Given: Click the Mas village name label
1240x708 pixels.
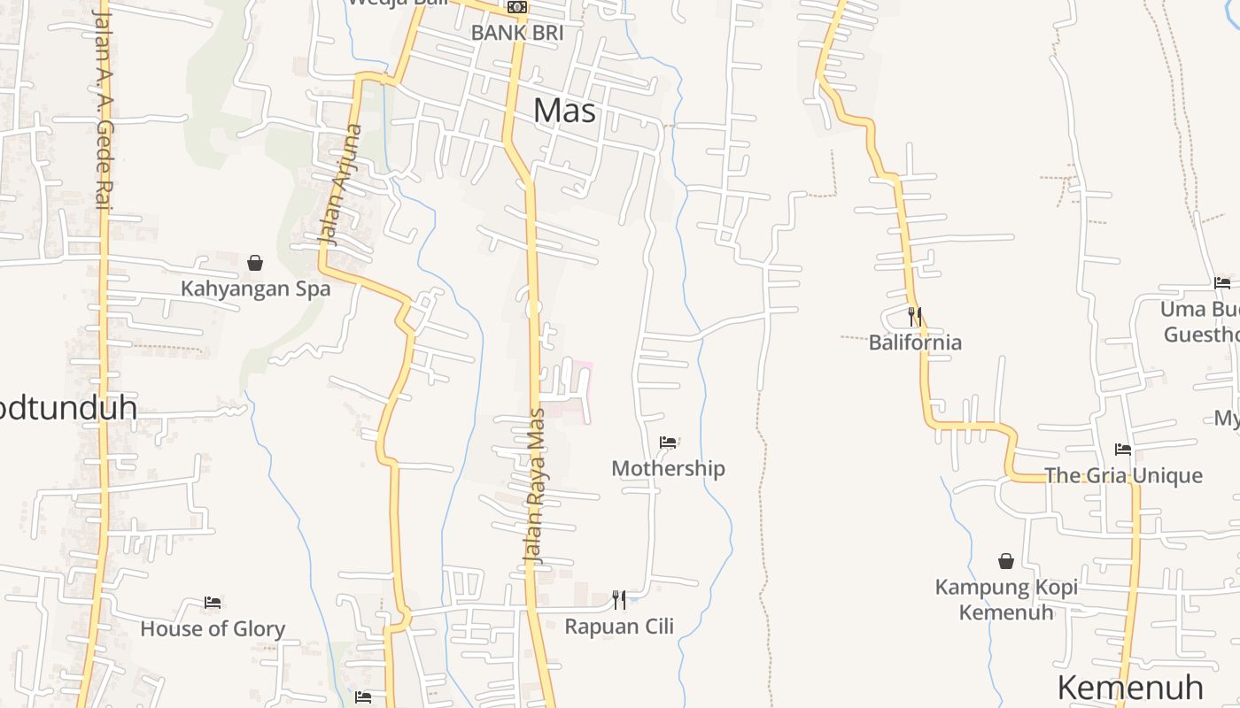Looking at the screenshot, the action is tap(564, 111).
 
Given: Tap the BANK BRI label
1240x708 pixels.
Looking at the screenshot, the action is tap(517, 33).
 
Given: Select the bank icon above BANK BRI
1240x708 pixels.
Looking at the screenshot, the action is tap(517, 7).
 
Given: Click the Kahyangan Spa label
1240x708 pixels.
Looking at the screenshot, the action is tap(255, 289).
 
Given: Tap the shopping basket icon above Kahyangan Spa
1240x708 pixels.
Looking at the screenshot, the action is tap(255, 263).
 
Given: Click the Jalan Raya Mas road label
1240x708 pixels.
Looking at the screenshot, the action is tap(534, 486).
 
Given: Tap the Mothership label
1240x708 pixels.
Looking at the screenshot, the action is tap(668, 468).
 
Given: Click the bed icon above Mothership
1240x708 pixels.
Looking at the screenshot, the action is tap(668, 442).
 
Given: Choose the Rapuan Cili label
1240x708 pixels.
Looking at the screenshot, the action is tap(619, 627).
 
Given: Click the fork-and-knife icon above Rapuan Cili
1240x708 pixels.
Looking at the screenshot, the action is tap(619, 600).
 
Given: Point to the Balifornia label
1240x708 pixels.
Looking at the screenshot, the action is tap(915, 342).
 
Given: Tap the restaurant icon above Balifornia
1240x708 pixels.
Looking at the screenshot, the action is tap(915, 316).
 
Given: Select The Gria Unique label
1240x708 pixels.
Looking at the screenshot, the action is tap(1123, 475).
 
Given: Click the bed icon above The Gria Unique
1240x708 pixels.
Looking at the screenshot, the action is tap(1123, 450).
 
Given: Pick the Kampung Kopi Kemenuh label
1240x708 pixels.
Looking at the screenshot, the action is tap(1006, 599).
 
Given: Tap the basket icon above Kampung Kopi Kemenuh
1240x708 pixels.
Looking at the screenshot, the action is tap(1006, 561).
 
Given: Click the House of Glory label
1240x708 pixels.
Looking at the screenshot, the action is tap(213, 629).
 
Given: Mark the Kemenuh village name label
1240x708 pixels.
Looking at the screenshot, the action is tap(1130, 688).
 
